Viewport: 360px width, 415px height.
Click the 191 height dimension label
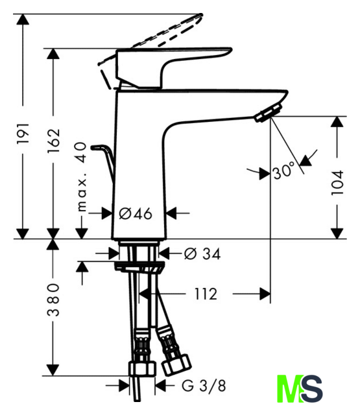pyautogui.click(x=23, y=133)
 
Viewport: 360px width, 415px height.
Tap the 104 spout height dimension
pyautogui.click(x=337, y=183)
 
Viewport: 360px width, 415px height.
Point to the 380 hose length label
pyautogui.click(x=53, y=300)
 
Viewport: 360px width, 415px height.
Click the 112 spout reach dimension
pyautogui.click(x=206, y=294)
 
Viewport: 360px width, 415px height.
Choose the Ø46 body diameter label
pyautogui.click(x=136, y=213)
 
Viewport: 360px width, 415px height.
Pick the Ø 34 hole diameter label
pyautogui.click(x=202, y=254)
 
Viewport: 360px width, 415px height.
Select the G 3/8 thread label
pyautogui.click(x=204, y=386)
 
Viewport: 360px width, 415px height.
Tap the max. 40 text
pyautogui.click(x=82, y=177)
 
